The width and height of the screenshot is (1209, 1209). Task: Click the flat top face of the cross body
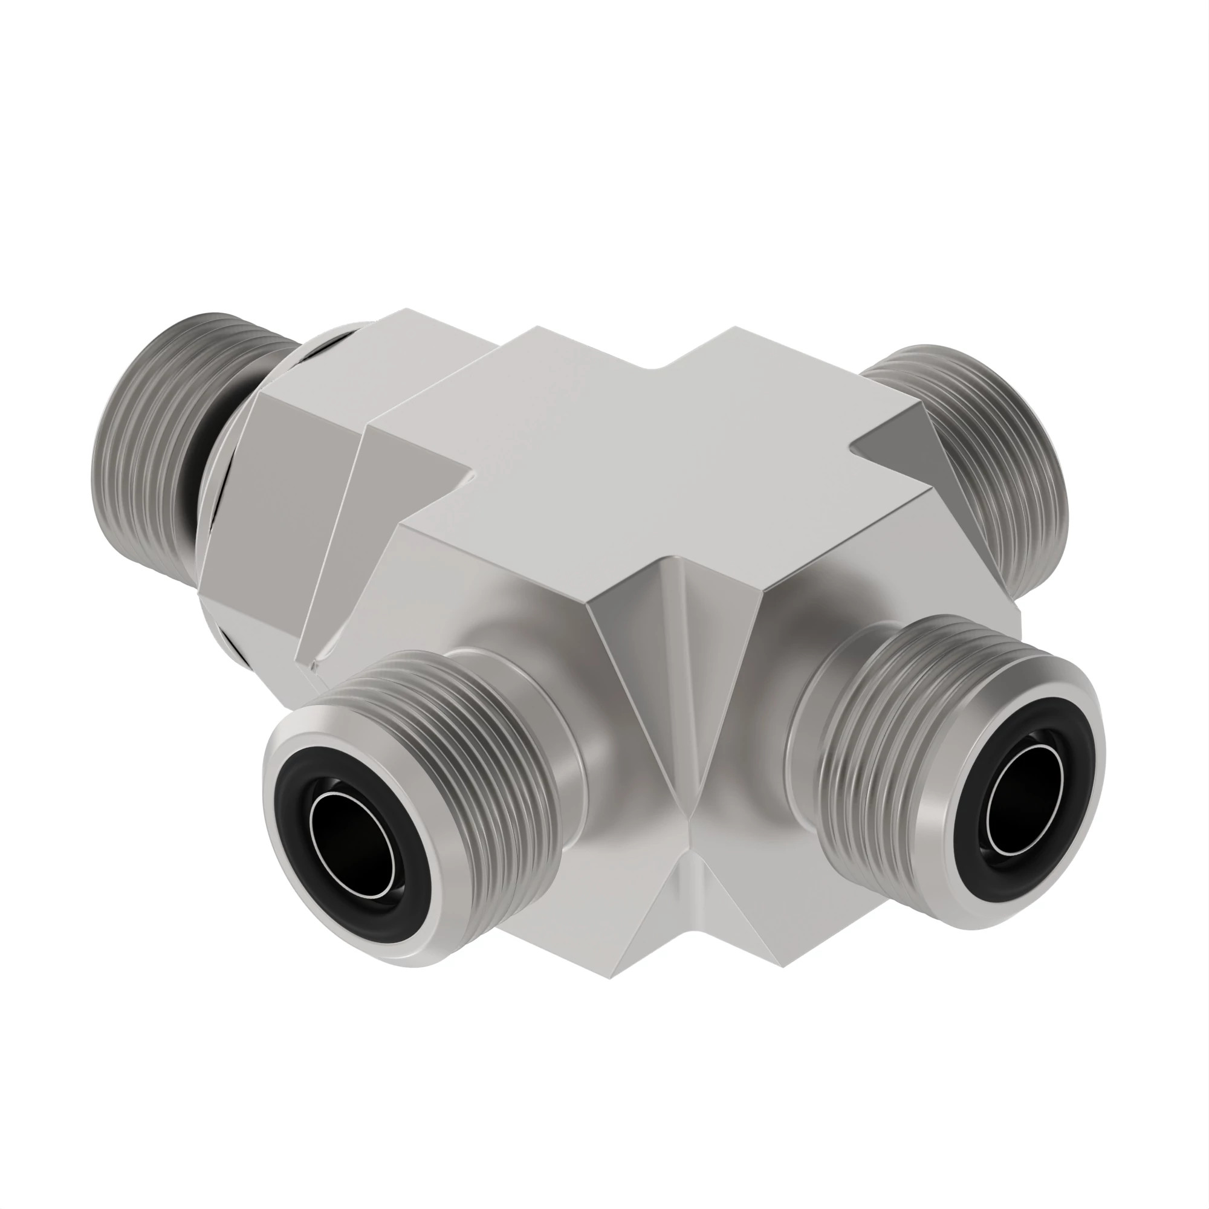pyautogui.click(x=626, y=450)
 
